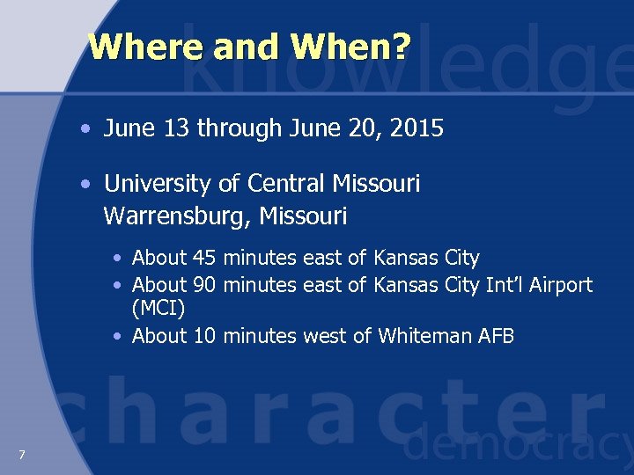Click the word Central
[287, 184]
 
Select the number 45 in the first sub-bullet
[204, 259]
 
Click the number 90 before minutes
[204, 285]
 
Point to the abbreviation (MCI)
[158, 308]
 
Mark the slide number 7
[21, 454]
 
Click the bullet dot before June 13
[84, 130]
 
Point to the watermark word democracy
[518, 447]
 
